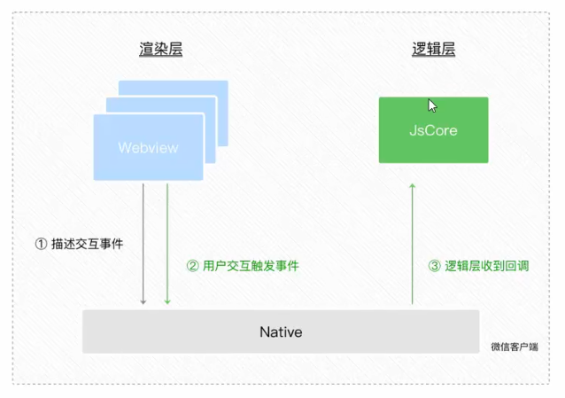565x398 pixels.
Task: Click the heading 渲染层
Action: (x=160, y=49)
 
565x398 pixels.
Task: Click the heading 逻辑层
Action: (x=433, y=49)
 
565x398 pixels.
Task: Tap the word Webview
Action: (x=148, y=147)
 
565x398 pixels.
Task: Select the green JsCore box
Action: (x=433, y=130)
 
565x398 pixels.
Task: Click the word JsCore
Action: (x=433, y=130)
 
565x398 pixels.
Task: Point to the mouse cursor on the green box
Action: (x=432, y=105)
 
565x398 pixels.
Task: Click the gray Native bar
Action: (x=281, y=332)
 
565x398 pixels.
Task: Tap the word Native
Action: (x=281, y=332)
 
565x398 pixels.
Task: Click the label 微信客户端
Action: (x=515, y=347)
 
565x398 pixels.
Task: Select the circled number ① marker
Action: (x=41, y=244)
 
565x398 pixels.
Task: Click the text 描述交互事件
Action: (x=87, y=244)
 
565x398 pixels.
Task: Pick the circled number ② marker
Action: (x=193, y=266)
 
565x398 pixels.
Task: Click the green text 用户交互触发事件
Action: (x=251, y=266)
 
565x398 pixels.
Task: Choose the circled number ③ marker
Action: (x=435, y=266)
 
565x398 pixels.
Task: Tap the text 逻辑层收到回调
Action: (x=486, y=266)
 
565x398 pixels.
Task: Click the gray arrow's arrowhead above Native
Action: (x=143, y=301)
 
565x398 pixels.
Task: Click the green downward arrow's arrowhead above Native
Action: (x=167, y=301)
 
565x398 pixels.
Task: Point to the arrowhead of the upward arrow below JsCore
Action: (x=413, y=186)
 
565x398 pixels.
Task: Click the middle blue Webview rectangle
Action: (x=210, y=105)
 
